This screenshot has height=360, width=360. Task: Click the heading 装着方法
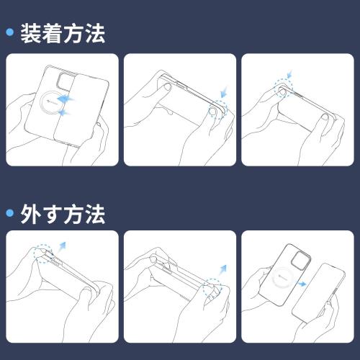[x=64, y=33]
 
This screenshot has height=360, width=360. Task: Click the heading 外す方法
[x=64, y=213]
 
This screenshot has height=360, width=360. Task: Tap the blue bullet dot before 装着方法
[x=10, y=33]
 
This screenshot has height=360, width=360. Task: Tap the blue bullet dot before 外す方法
[x=10, y=213]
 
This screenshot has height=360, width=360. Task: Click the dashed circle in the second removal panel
[x=212, y=286]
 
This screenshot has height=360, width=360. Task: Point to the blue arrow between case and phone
[x=302, y=284]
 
